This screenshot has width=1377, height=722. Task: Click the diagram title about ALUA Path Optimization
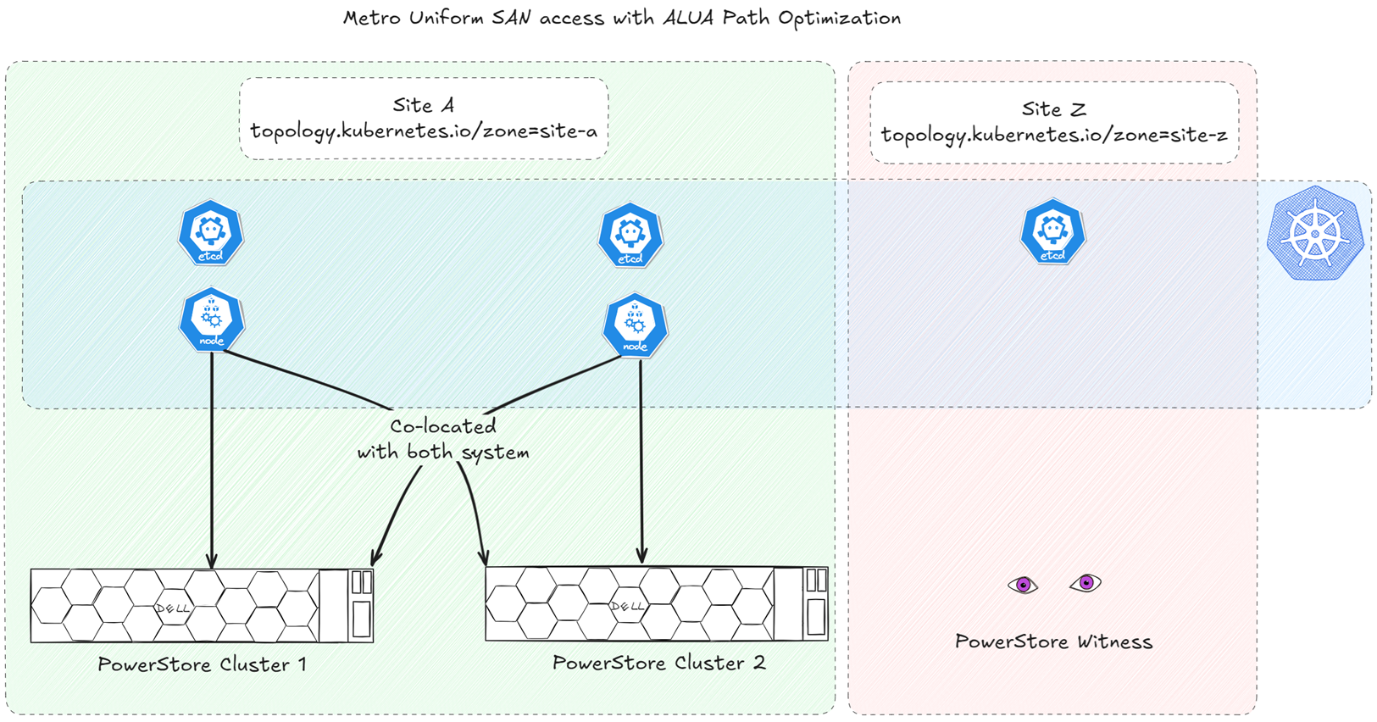tap(621, 18)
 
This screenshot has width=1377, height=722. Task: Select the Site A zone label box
tap(424, 119)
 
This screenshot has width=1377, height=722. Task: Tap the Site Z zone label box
tap(1053, 122)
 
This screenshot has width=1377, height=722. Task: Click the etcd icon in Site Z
tap(1052, 231)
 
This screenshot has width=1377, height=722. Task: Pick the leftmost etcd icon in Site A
tap(211, 233)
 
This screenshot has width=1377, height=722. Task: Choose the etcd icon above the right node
tap(630, 235)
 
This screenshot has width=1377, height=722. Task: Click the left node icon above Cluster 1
tap(212, 320)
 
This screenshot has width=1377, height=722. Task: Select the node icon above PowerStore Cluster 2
tap(635, 325)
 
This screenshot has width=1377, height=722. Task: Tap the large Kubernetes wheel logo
tap(1314, 234)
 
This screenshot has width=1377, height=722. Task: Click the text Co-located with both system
tap(442, 439)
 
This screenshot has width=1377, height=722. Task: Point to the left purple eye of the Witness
tap(1023, 585)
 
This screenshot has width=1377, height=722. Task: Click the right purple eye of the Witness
tap(1085, 583)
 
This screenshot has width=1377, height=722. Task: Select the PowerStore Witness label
tap(1053, 641)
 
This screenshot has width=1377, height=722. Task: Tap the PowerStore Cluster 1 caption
tap(202, 664)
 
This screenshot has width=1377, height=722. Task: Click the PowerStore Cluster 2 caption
tap(658, 663)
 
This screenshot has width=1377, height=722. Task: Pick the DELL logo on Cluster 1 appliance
tap(173, 608)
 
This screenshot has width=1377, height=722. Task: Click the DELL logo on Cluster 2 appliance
tap(627, 606)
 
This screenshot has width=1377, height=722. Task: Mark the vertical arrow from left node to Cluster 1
tap(212, 458)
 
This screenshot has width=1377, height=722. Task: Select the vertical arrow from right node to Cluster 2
tap(641, 458)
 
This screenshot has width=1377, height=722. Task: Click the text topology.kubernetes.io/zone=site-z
tap(1053, 135)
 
